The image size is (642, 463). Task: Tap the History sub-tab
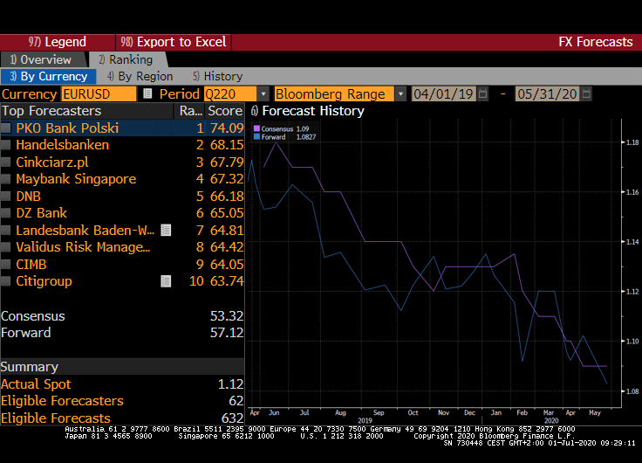click(x=217, y=76)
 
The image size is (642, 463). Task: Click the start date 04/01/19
click(x=443, y=93)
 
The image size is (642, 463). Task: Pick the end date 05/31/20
click(x=547, y=93)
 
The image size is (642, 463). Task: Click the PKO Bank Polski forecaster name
click(x=67, y=128)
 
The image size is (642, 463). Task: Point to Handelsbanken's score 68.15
click(x=226, y=145)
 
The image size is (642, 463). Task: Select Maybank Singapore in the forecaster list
click(x=76, y=179)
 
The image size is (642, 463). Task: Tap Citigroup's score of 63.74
click(x=226, y=281)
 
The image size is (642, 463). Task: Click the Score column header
click(x=225, y=111)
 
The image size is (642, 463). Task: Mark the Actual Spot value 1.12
click(x=230, y=384)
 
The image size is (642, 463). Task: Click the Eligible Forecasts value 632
click(x=232, y=418)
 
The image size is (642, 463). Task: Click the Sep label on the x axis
click(x=378, y=411)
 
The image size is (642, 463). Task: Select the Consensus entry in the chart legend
click(x=277, y=129)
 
